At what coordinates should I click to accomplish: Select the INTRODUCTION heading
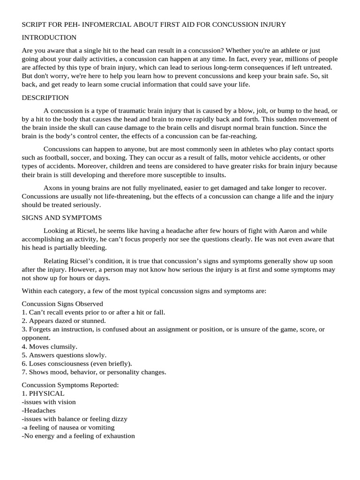click(x=49, y=37)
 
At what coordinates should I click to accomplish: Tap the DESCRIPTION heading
click(x=45, y=97)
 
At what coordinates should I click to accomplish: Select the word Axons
click(x=53, y=187)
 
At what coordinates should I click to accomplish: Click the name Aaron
click(x=291, y=231)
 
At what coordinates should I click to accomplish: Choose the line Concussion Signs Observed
click(x=62, y=304)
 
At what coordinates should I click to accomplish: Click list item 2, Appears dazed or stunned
click(x=64, y=321)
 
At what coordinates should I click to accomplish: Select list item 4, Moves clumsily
click(x=50, y=346)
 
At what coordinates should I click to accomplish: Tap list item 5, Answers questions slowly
click(x=64, y=355)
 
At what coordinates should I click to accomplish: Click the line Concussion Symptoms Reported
click(x=70, y=385)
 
